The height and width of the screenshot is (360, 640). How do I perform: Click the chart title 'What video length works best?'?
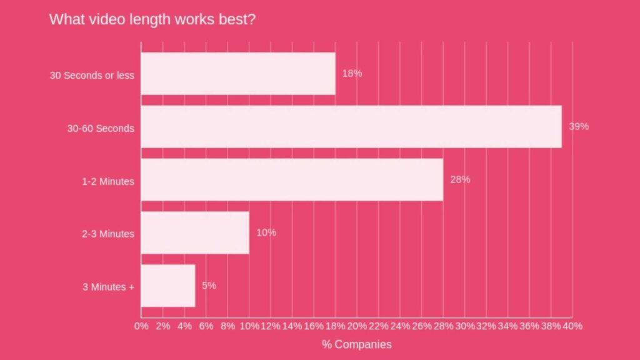coord(152,19)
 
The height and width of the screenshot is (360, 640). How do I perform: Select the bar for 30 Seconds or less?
coord(238,74)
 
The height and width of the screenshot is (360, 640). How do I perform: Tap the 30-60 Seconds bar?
coord(351,127)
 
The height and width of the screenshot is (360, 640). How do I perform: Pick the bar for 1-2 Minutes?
coord(292,180)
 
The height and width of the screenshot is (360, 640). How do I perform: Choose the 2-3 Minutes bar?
coord(195,233)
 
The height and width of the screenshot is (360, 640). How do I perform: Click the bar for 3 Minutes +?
coord(168,286)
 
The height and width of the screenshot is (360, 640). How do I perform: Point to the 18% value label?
coord(352,73)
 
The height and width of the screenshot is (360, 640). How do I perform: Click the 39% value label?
coord(578,126)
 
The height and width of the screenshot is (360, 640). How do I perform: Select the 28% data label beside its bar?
coord(460,179)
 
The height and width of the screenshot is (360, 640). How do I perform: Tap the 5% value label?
coord(209,286)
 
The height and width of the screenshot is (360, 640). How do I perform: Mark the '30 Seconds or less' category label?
coord(92,75)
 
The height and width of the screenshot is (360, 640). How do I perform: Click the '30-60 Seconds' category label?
coord(101,128)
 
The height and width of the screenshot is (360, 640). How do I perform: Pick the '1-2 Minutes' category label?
coord(107,181)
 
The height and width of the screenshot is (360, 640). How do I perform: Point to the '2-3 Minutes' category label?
coord(107,234)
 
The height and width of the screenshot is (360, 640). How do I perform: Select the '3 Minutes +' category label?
coord(108,287)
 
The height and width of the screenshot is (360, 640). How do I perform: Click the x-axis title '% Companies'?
coord(357,344)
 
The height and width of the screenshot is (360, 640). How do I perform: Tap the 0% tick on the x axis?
coord(141,326)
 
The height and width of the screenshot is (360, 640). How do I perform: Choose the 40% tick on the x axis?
coord(572,326)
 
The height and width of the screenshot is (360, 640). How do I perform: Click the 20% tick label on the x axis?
coord(357,326)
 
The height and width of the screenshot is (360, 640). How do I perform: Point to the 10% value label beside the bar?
coord(266,232)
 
